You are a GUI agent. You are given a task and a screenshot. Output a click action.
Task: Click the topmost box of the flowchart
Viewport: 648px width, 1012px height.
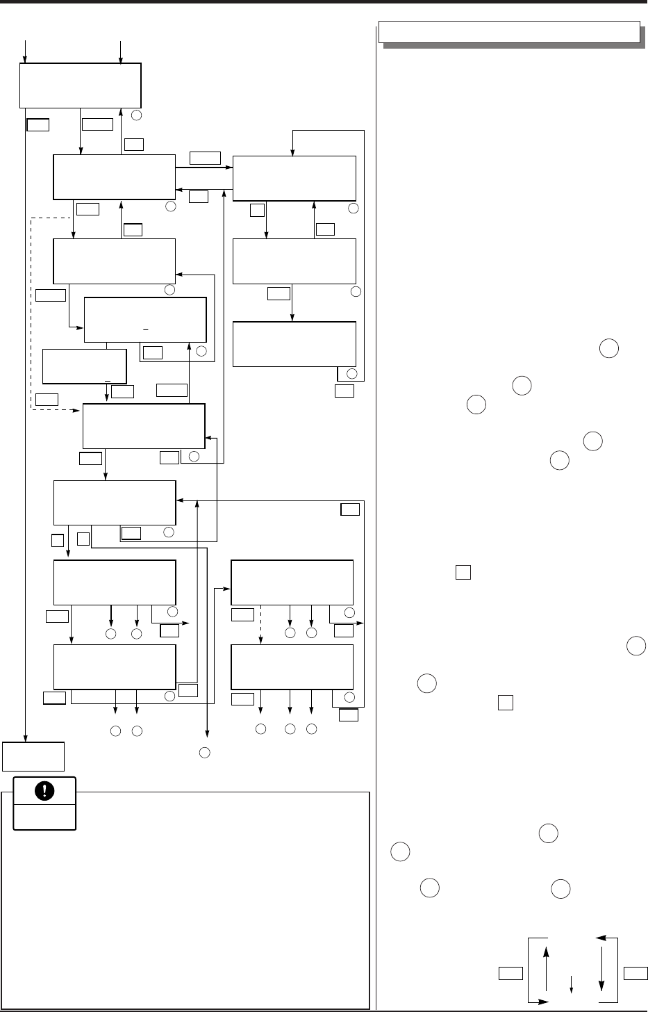pos(80,85)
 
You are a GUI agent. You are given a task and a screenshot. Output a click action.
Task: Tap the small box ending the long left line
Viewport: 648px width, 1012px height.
pos(33,756)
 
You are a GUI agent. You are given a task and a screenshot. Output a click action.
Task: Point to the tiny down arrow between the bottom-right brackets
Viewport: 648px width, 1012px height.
pos(571,985)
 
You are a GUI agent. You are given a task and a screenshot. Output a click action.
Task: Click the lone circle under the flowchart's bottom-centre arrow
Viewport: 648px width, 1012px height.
pos(205,751)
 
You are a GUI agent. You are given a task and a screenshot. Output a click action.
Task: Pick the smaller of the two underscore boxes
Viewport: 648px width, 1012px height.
pos(84,366)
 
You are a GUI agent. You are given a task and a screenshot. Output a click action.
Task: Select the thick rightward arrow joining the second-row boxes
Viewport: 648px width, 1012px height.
pos(204,168)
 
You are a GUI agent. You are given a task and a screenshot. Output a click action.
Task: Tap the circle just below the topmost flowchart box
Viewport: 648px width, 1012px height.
pos(138,113)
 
